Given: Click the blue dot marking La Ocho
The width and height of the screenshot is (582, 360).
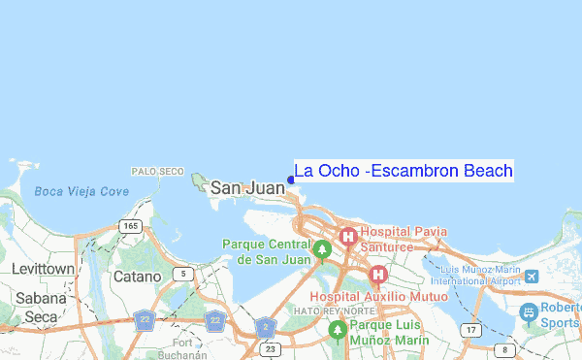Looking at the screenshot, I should click(x=291, y=180).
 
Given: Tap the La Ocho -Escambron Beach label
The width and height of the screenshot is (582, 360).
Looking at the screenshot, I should click(x=404, y=171).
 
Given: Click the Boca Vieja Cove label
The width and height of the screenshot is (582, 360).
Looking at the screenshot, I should click(x=81, y=191).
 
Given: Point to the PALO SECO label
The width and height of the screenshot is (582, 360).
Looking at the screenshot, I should click(x=158, y=171).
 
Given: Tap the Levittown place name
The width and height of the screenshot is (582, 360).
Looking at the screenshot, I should click(x=43, y=268).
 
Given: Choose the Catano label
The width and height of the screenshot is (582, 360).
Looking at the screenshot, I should click(x=137, y=277).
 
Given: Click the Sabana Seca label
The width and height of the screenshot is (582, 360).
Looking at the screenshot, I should click(x=42, y=308).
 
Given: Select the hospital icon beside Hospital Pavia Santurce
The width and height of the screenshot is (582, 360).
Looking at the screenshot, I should click(x=348, y=236).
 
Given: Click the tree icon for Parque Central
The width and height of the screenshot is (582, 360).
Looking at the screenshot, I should click(x=323, y=249).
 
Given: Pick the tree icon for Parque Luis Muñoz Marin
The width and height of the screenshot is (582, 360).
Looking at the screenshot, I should click(x=337, y=330).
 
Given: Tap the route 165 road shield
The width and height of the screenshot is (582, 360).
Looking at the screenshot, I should click(x=130, y=226).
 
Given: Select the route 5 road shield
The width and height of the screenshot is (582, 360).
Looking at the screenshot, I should click(x=181, y=275).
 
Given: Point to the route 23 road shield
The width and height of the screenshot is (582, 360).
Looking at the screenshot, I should click(x=271, y=348).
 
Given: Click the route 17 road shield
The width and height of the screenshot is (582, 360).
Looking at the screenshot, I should click(x=471, y=331).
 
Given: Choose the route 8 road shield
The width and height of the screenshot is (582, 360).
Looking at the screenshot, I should click(x=502, y=349).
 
